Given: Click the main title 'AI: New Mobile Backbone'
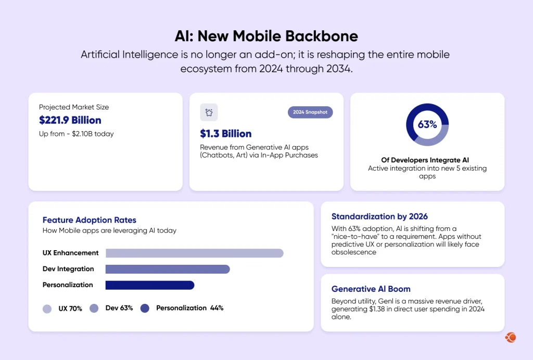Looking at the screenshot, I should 266,36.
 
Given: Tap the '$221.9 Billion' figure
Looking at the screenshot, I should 70,120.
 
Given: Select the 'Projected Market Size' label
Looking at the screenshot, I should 74,107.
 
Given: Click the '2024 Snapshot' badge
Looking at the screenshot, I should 310,112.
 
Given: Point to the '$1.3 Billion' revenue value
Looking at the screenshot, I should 226,134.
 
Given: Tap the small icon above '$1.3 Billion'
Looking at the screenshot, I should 209,112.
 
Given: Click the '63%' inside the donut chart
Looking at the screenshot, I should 427,125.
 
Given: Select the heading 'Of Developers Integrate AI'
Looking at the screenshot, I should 427,160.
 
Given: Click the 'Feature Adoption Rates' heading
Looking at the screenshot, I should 89,220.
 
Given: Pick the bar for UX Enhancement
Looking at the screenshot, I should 194,253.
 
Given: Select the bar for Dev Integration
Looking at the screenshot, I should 167,269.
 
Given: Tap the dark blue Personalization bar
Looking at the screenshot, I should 149,285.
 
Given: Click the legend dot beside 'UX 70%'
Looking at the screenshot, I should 47,308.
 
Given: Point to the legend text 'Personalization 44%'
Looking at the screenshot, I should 189,308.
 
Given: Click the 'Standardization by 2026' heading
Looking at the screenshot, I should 379,216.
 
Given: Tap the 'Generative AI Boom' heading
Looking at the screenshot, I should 371,289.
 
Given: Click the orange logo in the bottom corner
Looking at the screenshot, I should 510,338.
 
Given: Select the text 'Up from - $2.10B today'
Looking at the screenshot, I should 76,134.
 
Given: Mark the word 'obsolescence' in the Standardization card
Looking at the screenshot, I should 353,252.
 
